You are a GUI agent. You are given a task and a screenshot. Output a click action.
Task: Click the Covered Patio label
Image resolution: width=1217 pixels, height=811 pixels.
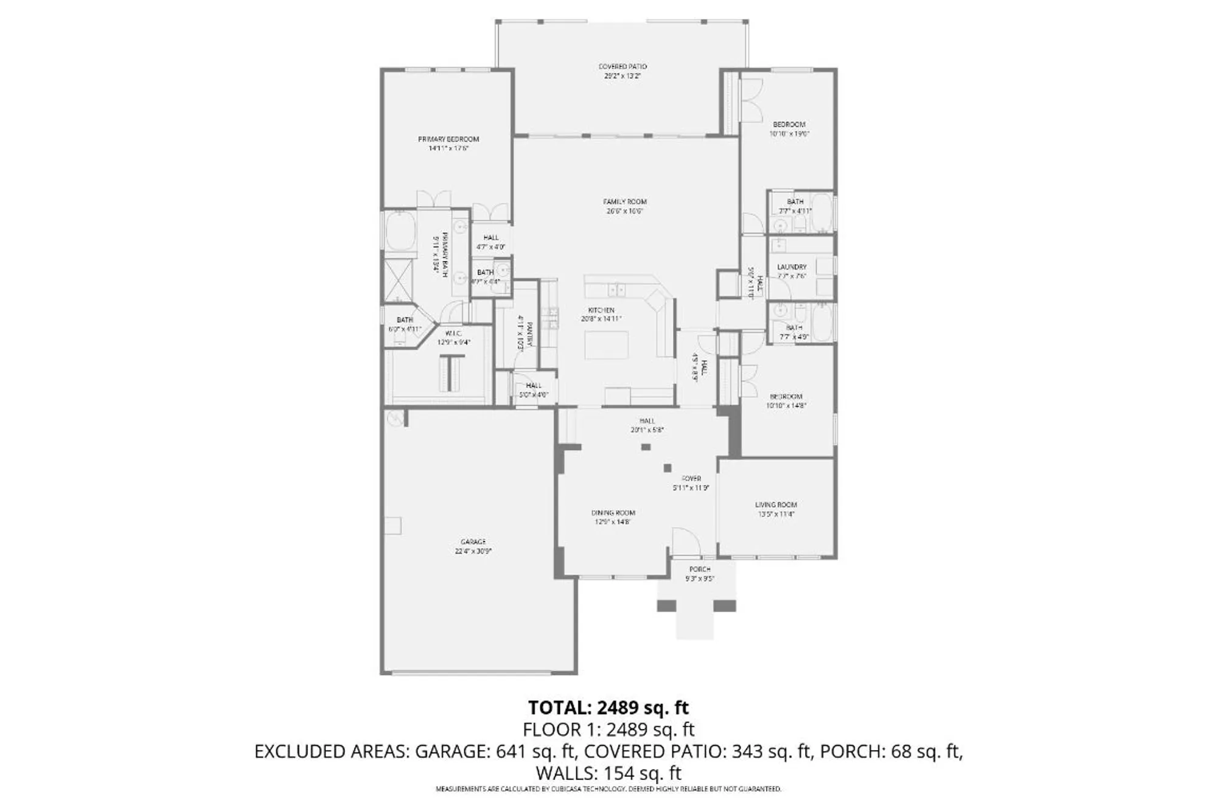tap(622, 66)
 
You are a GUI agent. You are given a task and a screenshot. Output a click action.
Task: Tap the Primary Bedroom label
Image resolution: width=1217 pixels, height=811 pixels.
tap(448, 139)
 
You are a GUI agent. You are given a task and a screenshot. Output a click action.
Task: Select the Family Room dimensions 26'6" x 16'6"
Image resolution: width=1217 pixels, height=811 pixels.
tap(625, 212)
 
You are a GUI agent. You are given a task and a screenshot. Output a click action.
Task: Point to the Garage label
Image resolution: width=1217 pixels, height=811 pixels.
tap(473, 541)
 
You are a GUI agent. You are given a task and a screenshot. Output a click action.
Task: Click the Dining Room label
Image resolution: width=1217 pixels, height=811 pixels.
tap(613, 513)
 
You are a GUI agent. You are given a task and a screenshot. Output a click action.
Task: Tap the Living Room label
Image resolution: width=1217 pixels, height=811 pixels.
tap(776, 504)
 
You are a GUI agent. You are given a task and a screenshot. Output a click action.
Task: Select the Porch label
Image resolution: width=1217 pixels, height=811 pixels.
tap(700, 569)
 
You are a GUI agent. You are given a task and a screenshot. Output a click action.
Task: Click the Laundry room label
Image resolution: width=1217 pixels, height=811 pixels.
tap(792, 266)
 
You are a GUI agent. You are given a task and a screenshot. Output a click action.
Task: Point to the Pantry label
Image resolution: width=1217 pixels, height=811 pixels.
tap(529, 335)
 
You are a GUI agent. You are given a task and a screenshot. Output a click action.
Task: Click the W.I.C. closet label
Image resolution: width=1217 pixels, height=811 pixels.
tap(453, 333)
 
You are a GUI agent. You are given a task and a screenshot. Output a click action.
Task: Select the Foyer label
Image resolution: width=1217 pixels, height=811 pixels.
tap(691, 479)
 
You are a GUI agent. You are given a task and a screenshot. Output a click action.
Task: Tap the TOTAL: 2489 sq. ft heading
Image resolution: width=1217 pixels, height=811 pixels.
tap(608, 708)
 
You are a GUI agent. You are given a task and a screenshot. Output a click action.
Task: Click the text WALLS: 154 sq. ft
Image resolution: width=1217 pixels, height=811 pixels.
tap(608, 773)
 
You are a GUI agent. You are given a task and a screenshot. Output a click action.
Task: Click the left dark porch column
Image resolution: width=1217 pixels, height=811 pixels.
tap(666, 606)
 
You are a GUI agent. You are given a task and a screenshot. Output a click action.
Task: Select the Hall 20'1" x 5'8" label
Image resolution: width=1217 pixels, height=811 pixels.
tap(647, 421)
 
